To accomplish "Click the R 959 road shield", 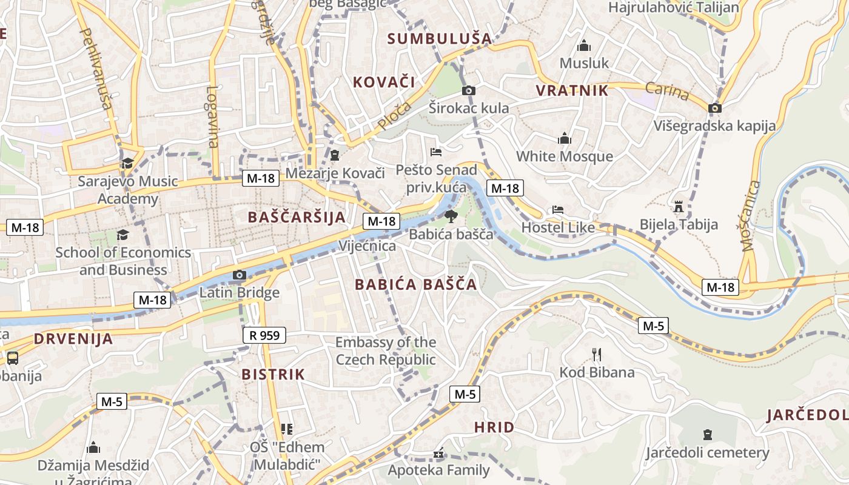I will pyautogui.click(x=264, y=335).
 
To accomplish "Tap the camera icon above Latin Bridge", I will pyautogui.click(x=240, y=275).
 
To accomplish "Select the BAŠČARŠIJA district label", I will pyautogui.click(x=297, y=217).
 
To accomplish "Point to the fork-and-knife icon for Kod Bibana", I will pyautogui.click(x=597, y=354).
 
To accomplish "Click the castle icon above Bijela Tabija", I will pyautogui.click(x=679, y=207).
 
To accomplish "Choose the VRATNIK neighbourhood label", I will pyautogui.click(x=572, y=91).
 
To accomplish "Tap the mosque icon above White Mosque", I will pyautogui.click(x=565, y=139).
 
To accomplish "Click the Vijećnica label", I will pyautogui.click(x=367, y=246).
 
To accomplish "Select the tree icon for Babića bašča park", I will pyautogui.click(x=451, y=216).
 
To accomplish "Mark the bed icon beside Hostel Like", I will pyautogui.click(x=558, y=210).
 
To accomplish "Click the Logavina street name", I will pyautogui.click(x=212, y=116).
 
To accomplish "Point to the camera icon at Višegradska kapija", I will pyautogui.click(x=715, y=108).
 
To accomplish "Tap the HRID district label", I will pyautogui.click(x=494, y=427).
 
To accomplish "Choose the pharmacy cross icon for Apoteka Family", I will pyautogui.click(x=438, y=453).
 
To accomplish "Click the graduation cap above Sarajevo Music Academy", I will pyautogui.click(x=127, y=163).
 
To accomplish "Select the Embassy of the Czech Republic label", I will pyautogui.click(x=386, y=351).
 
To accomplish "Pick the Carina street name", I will pyautogui.click(x=667, y=92).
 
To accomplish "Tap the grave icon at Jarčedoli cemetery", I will pyautogui.click(x=707, y=435).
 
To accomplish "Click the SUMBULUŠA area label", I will pyautogui.click(x=440, y=39).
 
